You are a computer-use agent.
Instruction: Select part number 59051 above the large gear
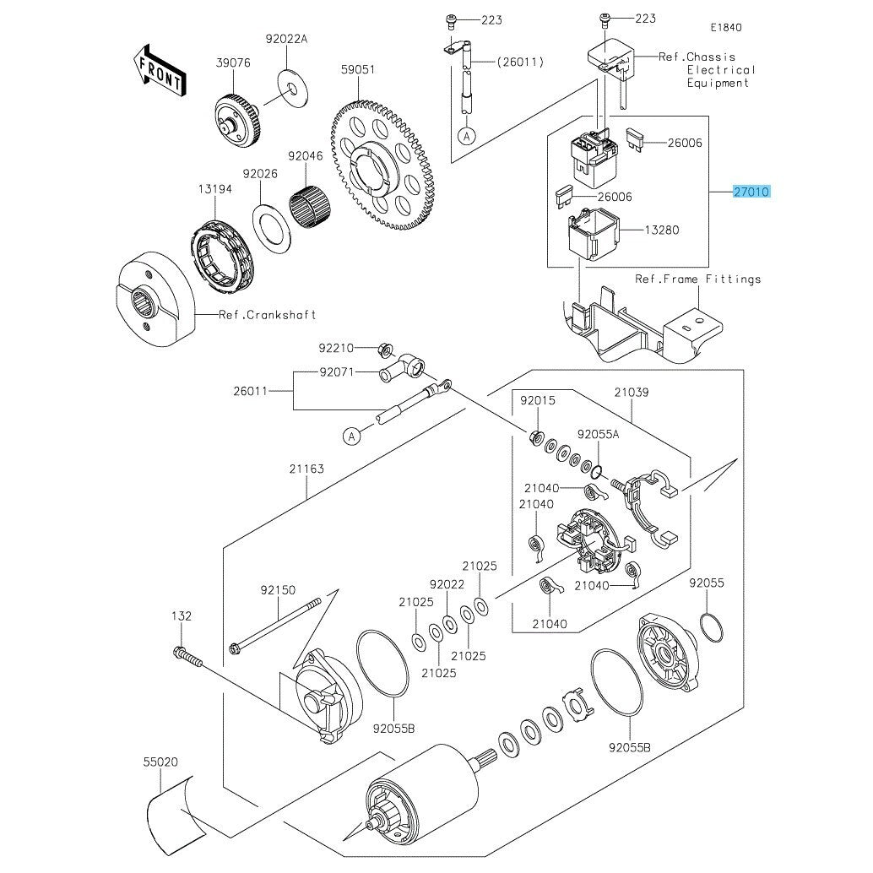click(357, 70)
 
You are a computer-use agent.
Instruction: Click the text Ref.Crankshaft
click(268, 315)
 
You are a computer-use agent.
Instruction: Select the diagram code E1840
click(725, 27)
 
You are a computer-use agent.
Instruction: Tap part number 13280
click(662, 230)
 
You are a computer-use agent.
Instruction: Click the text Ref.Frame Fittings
click(698, 279)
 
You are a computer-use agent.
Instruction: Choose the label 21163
click(307, 469)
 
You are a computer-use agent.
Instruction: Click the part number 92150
click(278, 591)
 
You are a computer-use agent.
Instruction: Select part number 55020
click(160, 762)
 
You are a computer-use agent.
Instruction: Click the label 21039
click(632, 393)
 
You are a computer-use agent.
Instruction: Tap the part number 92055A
click(598, 434)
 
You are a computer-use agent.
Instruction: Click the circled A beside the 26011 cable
click(353, 436)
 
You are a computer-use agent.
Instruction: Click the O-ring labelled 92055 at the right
click(711, 626)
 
